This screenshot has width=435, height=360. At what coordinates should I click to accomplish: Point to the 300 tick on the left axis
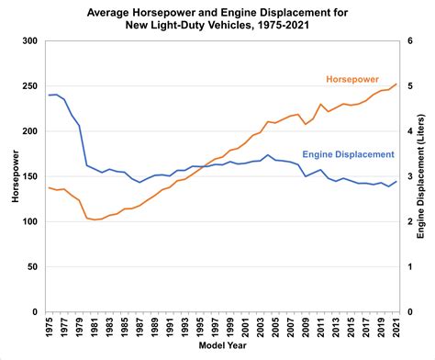30,42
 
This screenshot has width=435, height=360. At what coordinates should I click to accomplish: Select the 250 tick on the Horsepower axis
30,87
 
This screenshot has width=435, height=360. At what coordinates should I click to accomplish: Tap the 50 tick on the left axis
33,267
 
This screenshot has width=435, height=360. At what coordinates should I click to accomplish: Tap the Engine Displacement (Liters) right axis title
425,177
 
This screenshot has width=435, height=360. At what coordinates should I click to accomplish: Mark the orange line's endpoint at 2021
396,84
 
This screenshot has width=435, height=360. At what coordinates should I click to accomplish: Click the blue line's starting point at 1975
48,96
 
